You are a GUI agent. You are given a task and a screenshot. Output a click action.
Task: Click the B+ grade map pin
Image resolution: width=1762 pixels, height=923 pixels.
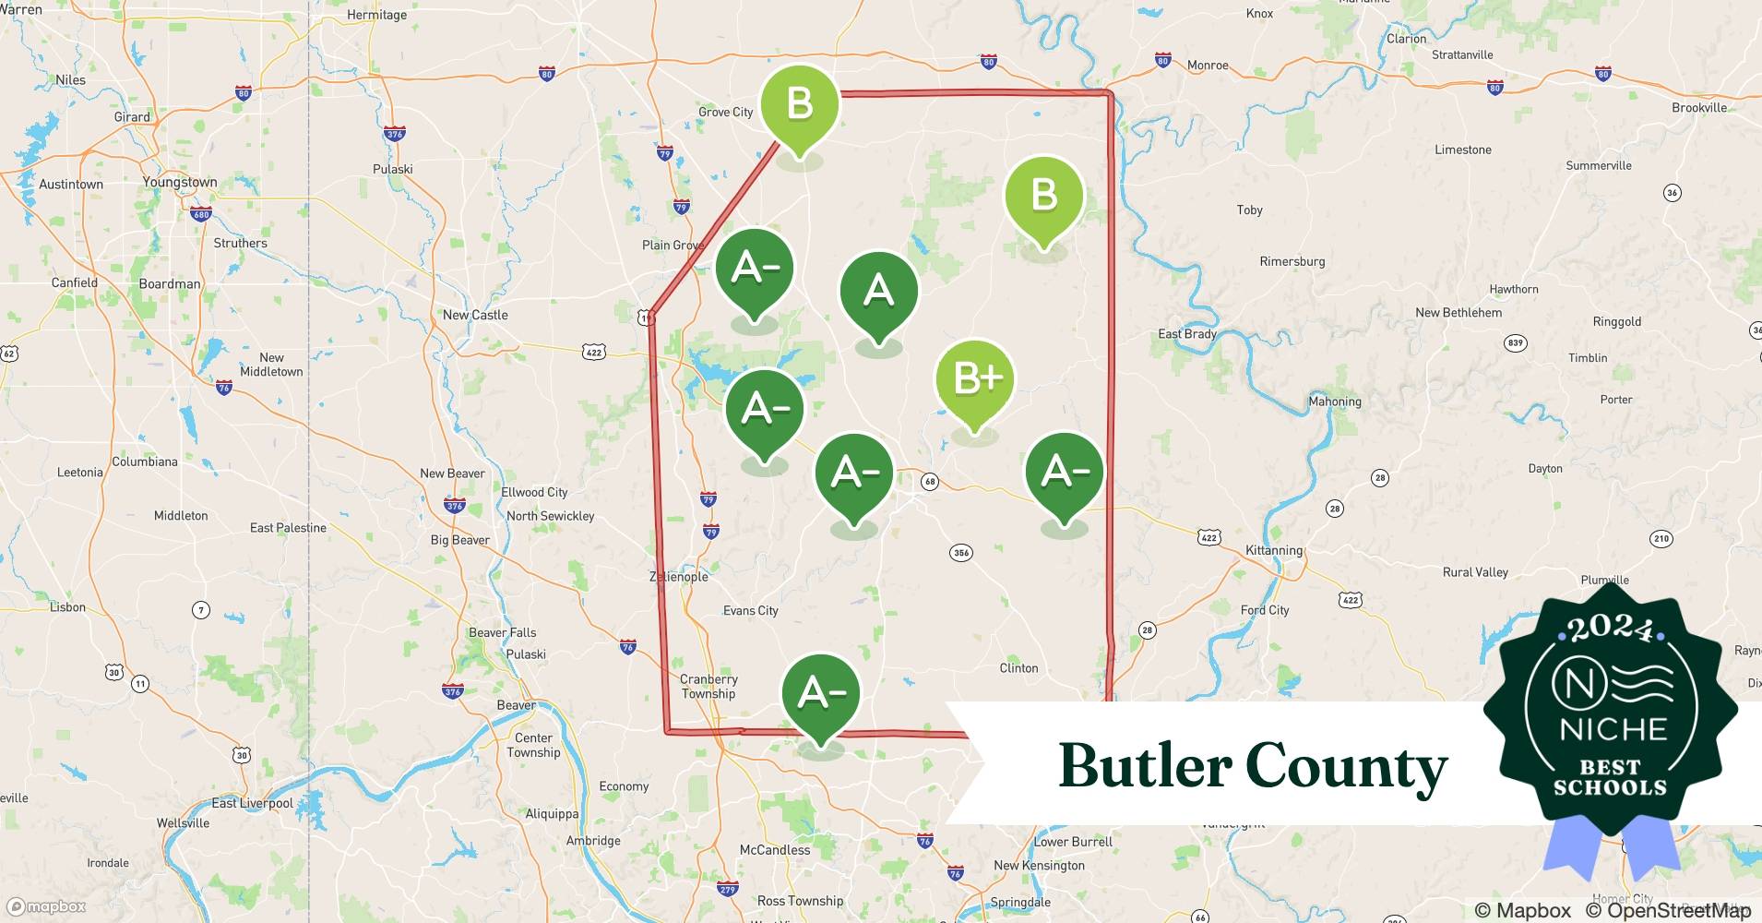[x=974, y=379]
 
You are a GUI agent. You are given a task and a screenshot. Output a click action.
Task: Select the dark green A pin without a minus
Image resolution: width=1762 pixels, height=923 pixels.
[x=878, y=292]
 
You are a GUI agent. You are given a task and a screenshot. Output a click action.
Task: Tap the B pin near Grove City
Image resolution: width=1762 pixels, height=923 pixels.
[x=799, y=104]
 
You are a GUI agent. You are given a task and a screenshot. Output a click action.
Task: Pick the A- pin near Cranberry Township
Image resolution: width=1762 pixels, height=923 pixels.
[x=820, y=693]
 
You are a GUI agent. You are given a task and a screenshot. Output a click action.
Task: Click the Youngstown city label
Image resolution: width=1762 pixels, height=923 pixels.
[x=180, y=182]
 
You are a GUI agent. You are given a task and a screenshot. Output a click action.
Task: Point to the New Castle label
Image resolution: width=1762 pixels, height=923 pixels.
[x=475, y=315]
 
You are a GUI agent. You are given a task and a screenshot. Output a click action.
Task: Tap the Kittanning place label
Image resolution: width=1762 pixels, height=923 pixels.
[x=1274, y=550]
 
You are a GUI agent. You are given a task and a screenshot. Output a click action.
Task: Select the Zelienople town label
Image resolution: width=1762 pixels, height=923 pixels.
[x=679, y=577]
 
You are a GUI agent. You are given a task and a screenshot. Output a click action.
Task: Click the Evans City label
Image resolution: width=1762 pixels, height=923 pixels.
[x=750, y=610]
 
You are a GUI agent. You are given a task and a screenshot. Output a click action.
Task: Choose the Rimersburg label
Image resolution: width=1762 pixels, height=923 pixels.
[x=1292, y=261]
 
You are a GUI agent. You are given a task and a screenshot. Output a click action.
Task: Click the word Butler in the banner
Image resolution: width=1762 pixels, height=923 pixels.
[x=1144, y=766]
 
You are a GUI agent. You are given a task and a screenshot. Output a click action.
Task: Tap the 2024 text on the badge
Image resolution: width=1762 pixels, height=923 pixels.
[x=1611, y=629]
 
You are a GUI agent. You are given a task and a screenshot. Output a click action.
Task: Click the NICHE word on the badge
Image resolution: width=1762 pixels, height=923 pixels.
[x=1613, y=729]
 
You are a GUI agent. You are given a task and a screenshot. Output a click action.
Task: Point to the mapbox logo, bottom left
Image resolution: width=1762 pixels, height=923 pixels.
[x=47, y=906]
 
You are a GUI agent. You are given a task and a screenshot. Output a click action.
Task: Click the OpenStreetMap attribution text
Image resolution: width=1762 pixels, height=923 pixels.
[x=1668, y=910]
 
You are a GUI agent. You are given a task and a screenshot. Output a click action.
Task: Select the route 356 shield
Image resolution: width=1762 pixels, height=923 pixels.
[x=960, y=553]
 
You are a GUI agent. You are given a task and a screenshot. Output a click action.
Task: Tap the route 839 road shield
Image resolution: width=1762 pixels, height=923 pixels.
[x=1515, y=342]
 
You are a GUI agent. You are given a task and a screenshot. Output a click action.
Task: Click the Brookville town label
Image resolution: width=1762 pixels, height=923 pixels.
[x=1699, y=107]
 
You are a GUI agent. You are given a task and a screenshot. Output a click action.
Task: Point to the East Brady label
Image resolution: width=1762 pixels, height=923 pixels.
[x=1187, y=334]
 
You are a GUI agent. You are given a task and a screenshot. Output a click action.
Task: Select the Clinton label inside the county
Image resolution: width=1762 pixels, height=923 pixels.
[x=1018, y=667]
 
